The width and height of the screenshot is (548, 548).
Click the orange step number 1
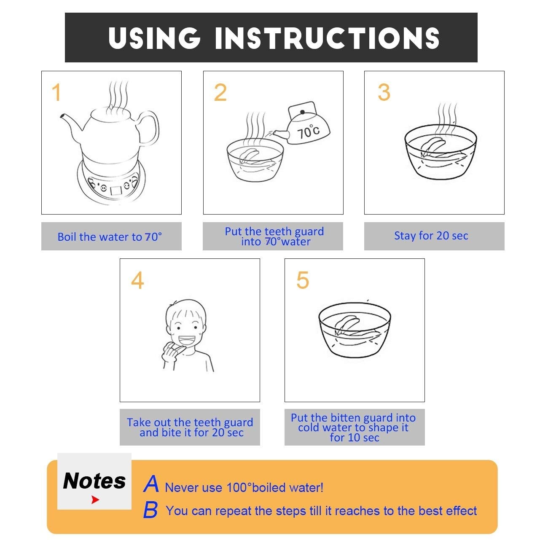tap(57, 92)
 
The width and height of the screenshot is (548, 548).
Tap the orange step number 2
tap(220, 92)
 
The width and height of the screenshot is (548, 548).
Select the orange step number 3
tap(384, 92)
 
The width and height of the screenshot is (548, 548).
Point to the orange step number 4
tap(137, 280)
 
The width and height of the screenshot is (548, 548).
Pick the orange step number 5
tap(303, 280)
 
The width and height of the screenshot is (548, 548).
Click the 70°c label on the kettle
tap(308, 132)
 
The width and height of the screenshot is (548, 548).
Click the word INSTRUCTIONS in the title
tap(327, 38)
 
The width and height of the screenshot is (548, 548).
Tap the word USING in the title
tap(155, 38)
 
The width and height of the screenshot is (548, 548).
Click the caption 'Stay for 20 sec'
tap(431, 236)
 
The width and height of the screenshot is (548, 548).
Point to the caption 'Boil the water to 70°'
tap(110, 236)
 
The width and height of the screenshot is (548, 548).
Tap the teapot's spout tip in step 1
tap(62, 116)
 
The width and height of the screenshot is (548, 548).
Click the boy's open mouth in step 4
tap(187, 341)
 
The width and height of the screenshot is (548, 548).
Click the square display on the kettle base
tap(116, 191)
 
